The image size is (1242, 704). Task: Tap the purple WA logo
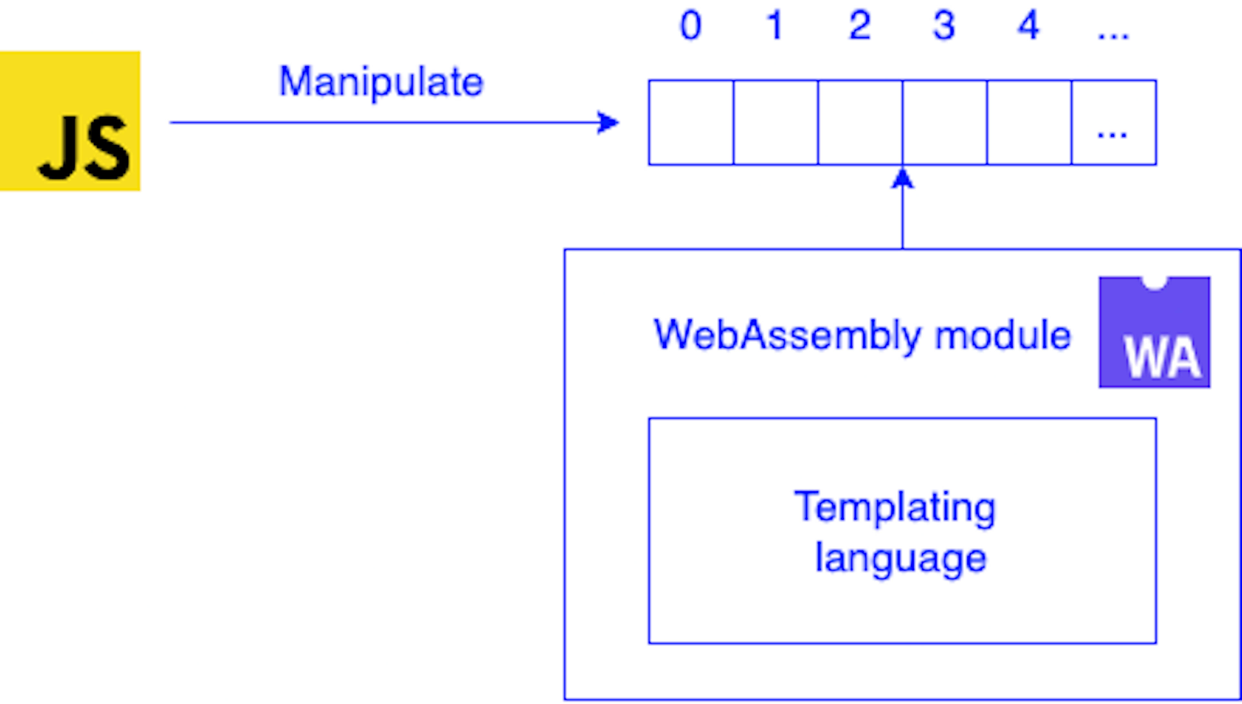(x=1154, y=332)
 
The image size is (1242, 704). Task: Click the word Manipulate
(x=381, y=82)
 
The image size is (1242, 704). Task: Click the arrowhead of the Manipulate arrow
(x=608, y=122)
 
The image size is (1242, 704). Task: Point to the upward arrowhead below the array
(x=902, y=179)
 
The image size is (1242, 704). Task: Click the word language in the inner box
(x=901, y=558)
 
